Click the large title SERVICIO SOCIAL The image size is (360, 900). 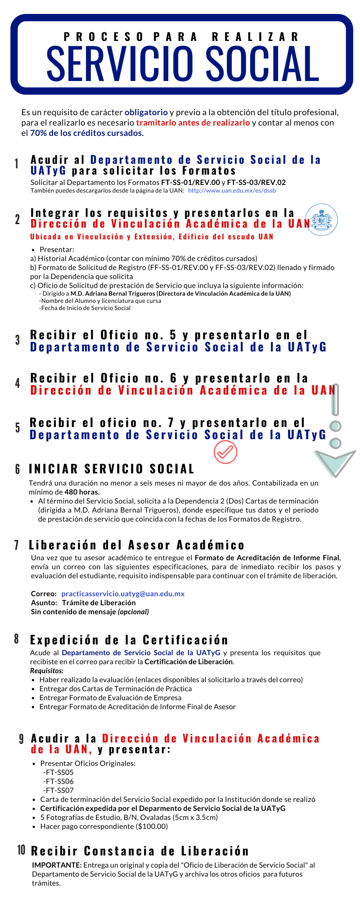183,63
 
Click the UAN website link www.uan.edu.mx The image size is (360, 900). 232,191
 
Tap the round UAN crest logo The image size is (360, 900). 321,220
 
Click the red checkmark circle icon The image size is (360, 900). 225,452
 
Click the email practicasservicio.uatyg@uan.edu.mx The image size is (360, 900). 123,594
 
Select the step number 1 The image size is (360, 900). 17,164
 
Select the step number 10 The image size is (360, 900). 21,850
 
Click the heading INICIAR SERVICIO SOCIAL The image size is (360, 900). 112,469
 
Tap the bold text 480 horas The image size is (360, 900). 82,492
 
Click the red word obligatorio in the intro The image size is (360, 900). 146,112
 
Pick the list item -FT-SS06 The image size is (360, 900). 58,781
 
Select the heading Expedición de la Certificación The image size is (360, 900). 129,640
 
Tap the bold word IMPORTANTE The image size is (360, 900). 57,865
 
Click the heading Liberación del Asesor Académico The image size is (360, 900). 136,545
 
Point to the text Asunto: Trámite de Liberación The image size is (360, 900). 83,603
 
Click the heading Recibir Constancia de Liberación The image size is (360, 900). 139,851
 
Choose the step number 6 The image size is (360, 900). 18,469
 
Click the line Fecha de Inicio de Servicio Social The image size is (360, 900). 85,308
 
